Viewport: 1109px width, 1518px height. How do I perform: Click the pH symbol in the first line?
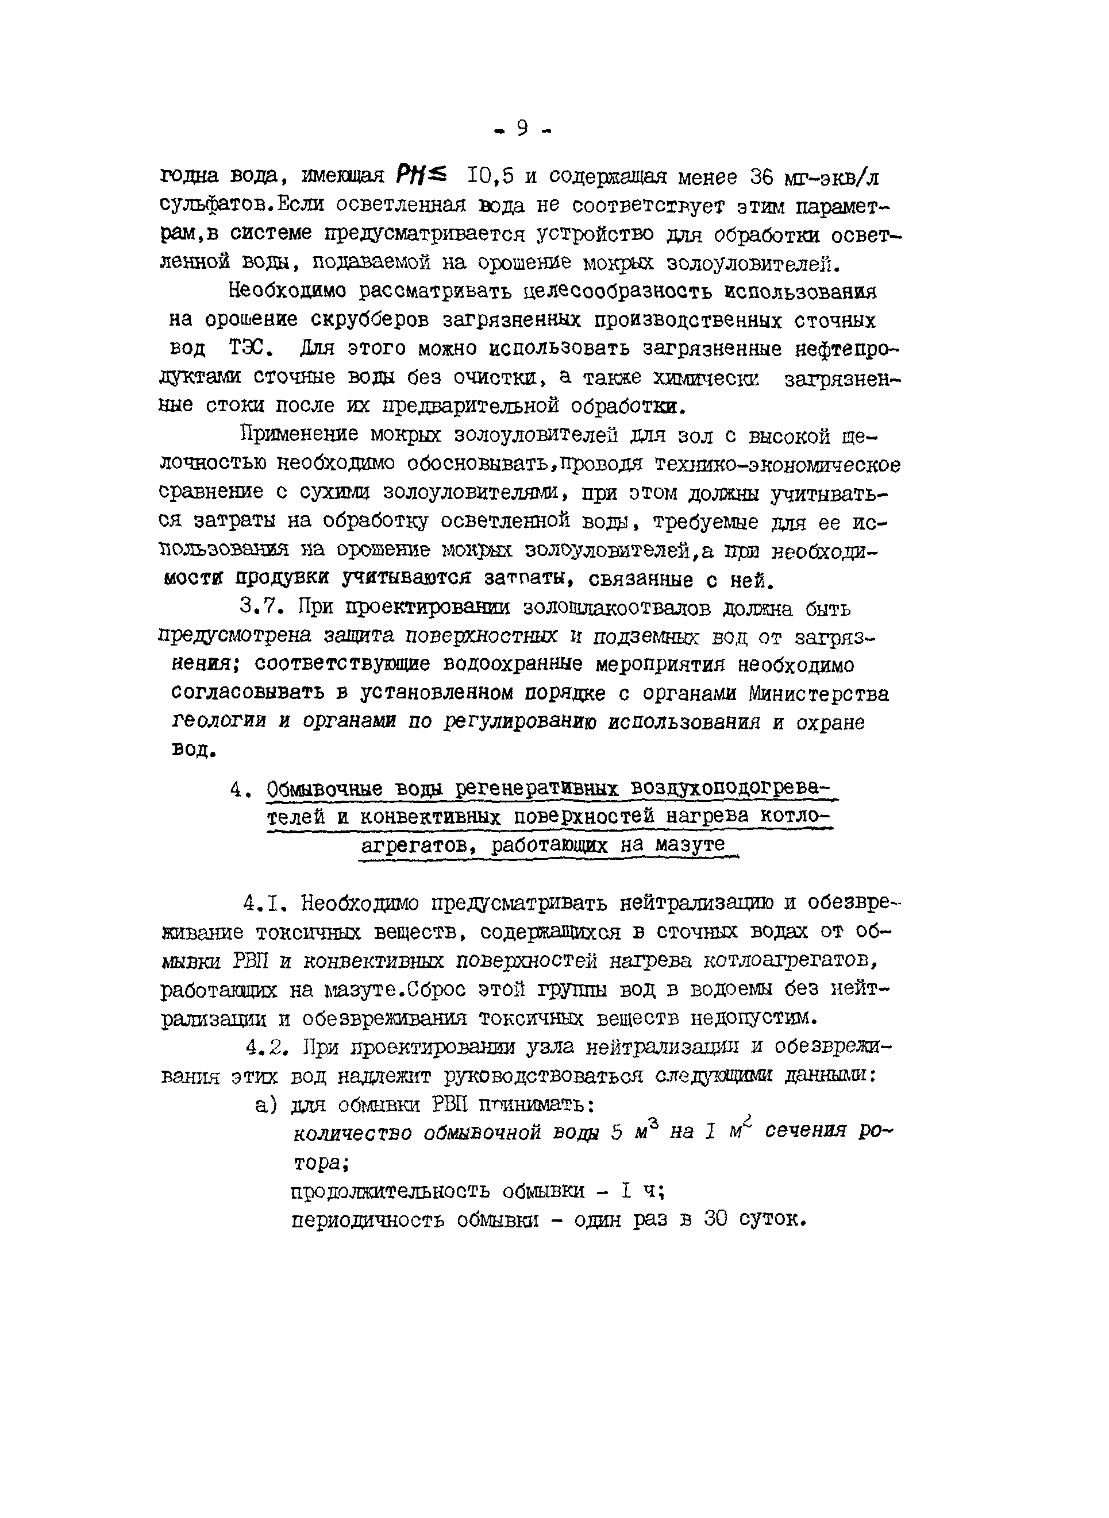tap(409, 177)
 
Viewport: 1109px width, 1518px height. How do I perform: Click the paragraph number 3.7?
tap(262, 608)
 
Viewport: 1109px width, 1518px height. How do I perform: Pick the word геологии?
tap(220, 722)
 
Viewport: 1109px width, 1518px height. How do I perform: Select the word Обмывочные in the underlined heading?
tap(324, 790)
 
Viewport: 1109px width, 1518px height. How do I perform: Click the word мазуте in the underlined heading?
tap(691, 845)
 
